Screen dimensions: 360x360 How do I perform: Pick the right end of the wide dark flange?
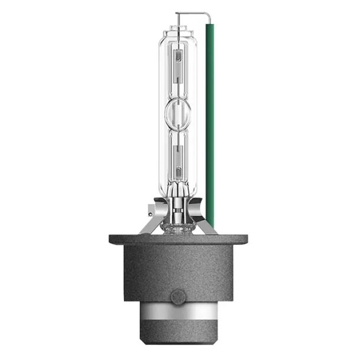click(243, 240)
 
